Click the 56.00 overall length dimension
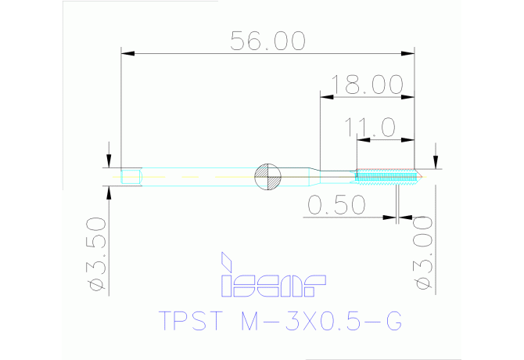[267, 41]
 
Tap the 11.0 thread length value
[377, 128]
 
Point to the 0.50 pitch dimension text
[337, 205]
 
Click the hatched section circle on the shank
[267, 177]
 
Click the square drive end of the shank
[131, 177]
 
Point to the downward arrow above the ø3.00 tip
[436, 160]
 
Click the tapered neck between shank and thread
[312, 175]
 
